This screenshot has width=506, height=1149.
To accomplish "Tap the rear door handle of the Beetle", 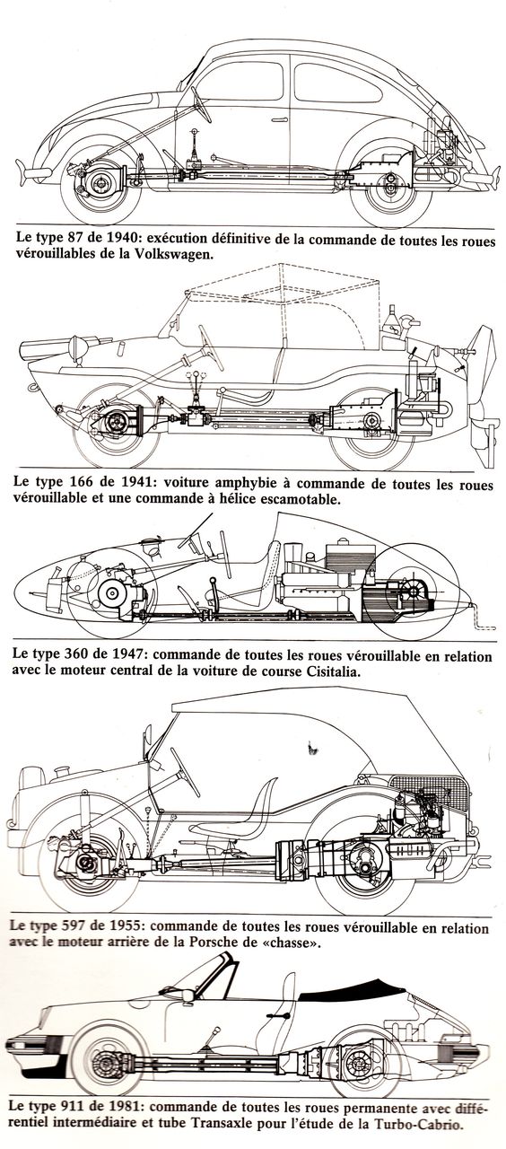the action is click(281, 120).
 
